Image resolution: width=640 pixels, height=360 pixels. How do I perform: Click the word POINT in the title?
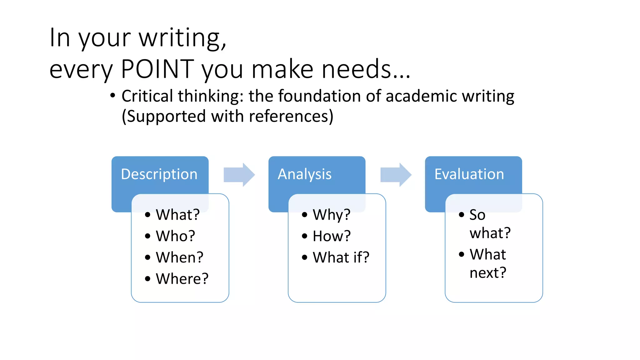coord(157,69)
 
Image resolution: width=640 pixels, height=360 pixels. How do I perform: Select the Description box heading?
coord(159,174)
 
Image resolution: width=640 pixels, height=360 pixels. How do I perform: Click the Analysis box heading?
coord(304,174)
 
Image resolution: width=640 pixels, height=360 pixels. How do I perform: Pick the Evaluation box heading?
coord(469,174)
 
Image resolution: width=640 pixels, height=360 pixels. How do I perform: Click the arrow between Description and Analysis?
coord(239,175)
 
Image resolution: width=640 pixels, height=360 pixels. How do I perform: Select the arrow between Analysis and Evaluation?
coord(396,175)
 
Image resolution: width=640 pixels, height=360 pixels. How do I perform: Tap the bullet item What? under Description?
coord(177,215)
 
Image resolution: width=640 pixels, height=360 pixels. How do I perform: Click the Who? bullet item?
coord(175,236)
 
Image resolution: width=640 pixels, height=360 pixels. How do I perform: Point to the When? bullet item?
coord(179,257)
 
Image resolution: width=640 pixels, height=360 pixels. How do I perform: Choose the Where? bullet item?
coord(182,279)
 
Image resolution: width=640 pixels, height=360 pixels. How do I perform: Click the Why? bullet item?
coord(332,215)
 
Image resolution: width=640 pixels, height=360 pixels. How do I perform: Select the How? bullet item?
coord(332,236)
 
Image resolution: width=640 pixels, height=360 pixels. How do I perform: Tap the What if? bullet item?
coord(341,257)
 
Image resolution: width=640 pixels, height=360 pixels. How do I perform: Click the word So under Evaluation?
coord(477,215)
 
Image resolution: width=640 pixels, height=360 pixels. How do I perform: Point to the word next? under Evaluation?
coord(487,273)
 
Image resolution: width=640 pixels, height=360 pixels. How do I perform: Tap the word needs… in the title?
coord(366,69)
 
